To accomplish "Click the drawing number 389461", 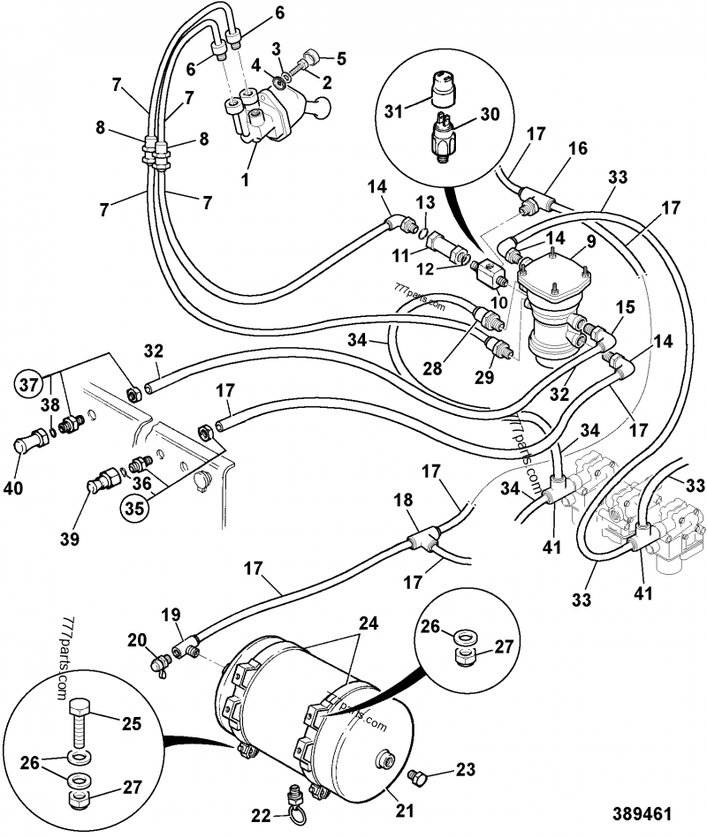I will [642, 812].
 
